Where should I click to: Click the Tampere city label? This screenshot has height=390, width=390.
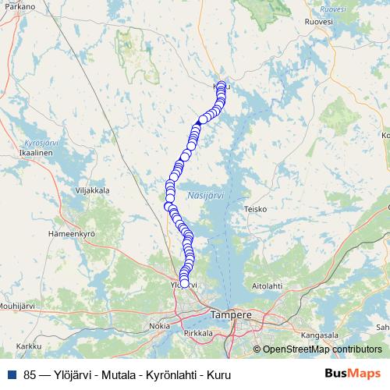[x=231, y=315]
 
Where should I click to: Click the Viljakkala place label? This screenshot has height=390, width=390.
[x=92, y=190]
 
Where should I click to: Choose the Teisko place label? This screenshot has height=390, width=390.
[x=255, y=209]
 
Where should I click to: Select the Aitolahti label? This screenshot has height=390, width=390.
[x=267, y=286]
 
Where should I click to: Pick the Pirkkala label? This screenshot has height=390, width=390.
[x=199, y=333]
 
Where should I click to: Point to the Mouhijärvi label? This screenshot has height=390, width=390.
[x=17, y=306]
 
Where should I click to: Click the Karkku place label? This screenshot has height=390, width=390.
[x=28, y=346]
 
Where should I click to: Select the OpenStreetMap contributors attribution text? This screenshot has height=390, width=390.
[x=322, y=349]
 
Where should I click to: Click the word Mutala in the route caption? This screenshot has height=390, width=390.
[x=120, y=374]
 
